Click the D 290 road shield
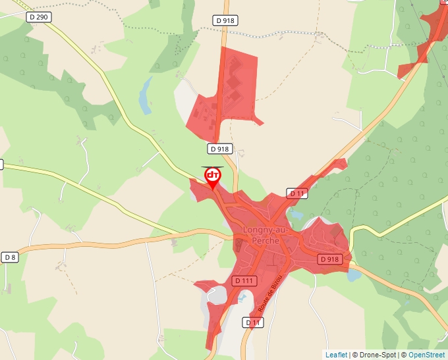click(40, 16)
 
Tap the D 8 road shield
click(9, 257)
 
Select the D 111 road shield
click(244, 281)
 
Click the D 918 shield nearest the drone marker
click(220, 149)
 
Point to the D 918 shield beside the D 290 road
click(225, 20)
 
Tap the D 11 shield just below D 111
click(254, 322)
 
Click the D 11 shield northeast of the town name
click(297, 193)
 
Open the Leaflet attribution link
click(336, 355)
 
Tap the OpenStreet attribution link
click(427, 355)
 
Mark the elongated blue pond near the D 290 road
click(145, 96)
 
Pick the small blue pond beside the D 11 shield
click(296, 214)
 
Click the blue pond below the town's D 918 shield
click(354, 274)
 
